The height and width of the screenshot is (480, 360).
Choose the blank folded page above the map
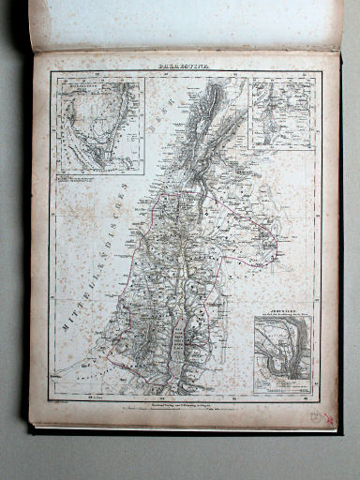pos(187,23)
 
